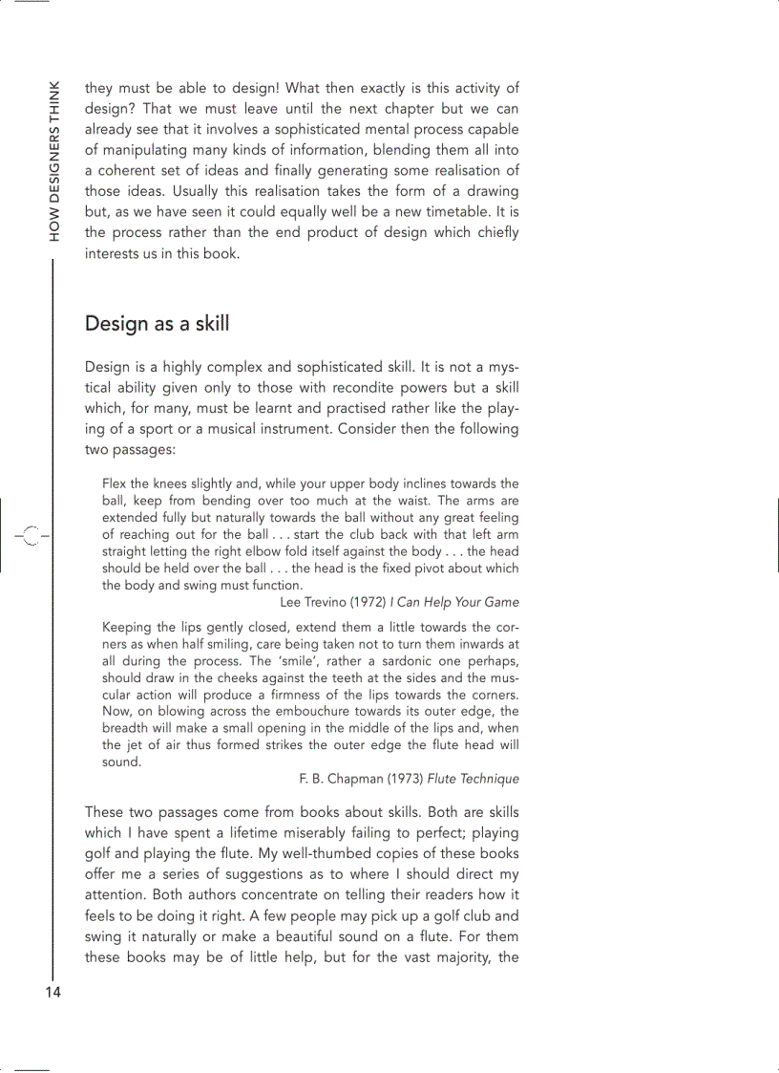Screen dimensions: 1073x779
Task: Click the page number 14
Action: coord(52,992)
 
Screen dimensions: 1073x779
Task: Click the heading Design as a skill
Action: coord(157,323)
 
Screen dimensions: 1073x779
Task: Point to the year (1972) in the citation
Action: coord(369,602)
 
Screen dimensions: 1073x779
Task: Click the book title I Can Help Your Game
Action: coord(454,602)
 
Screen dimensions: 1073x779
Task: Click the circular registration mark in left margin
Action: coord(31,536)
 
